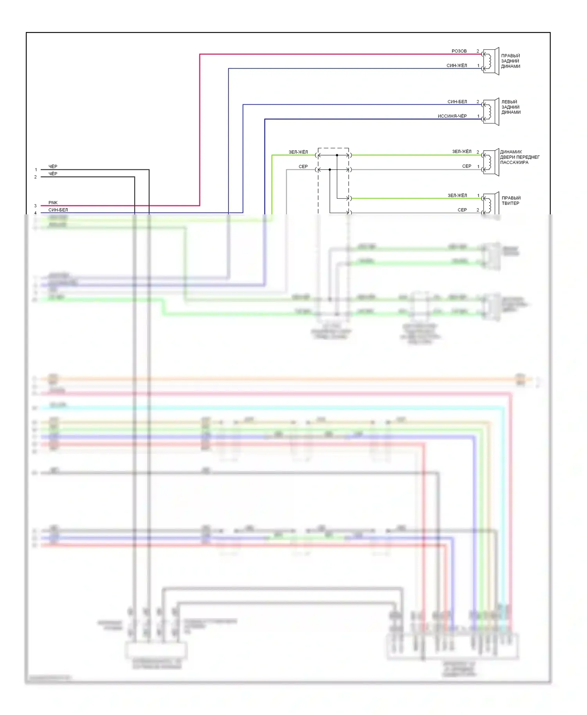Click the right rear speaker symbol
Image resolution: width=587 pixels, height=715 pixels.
[491, 61]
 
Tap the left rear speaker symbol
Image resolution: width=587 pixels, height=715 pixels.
[491, 111]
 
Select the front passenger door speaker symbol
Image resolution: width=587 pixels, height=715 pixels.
[491, 163]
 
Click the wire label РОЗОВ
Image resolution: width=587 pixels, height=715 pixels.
[459, 51]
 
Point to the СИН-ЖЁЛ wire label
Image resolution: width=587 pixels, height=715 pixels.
[457, 66]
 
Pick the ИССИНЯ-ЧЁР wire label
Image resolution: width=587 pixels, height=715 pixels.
[452, 116]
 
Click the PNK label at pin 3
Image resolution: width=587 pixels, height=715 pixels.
[53, 203]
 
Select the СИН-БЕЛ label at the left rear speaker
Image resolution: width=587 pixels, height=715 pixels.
[457, 102]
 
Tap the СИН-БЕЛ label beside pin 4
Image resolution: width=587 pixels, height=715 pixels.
[58, 210]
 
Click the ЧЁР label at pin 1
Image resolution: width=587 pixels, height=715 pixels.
[53, 167]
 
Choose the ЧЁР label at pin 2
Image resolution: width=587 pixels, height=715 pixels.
[53, 174]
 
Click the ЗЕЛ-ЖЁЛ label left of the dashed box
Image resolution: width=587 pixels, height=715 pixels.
[298, 152]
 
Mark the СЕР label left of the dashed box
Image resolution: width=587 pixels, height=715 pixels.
[303, 167]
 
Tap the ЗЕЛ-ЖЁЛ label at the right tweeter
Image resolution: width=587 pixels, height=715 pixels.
[457, 196]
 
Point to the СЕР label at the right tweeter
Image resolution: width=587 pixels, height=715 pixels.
[462, 210]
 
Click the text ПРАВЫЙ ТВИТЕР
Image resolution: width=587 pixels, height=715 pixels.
[511, 201]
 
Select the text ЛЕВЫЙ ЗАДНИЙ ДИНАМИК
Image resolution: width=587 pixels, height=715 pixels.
[511, 107]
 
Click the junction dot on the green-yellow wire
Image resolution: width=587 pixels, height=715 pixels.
[337, 155]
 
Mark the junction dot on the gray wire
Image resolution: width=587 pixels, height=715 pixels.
[330, 170]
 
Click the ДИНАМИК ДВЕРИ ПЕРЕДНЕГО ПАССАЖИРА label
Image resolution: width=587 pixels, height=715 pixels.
[519, 157]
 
